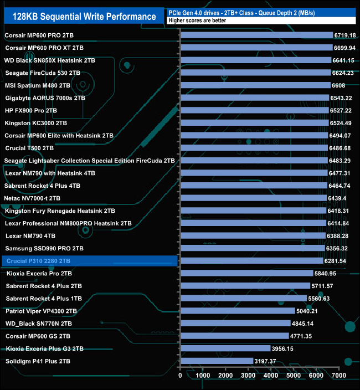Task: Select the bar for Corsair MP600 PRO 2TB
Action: (256, 35)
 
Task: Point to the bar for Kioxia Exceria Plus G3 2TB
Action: (225, 348)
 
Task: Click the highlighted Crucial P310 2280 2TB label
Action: (38, 261)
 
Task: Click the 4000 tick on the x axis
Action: (271, 376)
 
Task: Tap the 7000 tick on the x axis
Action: (338, 376)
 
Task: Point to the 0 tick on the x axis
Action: (181, 376)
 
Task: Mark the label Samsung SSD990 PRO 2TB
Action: (44, 248)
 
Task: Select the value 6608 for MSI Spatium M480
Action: (338, 85)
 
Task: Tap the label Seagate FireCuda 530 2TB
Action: (43, 73)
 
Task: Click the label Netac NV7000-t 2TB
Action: (32, 198)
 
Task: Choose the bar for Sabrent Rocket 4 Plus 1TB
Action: (244, 299)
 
